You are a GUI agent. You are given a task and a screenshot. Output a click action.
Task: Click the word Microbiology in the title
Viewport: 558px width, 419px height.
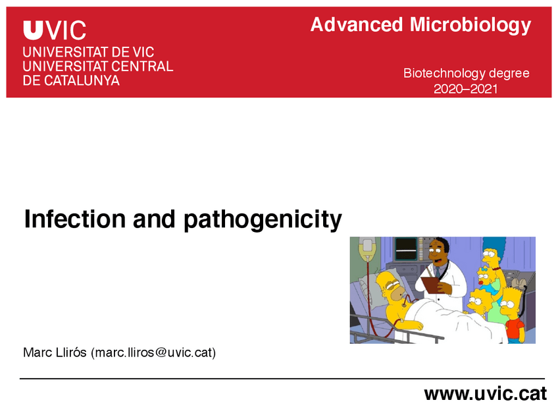(470, 26)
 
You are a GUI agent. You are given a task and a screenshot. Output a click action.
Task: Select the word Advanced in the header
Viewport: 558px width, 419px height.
(356, 25)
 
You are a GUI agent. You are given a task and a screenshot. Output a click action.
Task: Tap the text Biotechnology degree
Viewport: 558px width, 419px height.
(466, 73)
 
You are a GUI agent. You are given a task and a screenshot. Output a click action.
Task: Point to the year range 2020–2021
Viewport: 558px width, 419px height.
(466, 88)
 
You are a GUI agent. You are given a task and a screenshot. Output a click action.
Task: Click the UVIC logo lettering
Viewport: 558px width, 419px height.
(55, 30)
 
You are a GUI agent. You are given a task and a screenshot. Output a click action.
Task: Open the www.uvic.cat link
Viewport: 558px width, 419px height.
(485, 394)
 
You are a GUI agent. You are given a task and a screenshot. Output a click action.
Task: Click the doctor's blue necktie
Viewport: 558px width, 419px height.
(437, 271)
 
